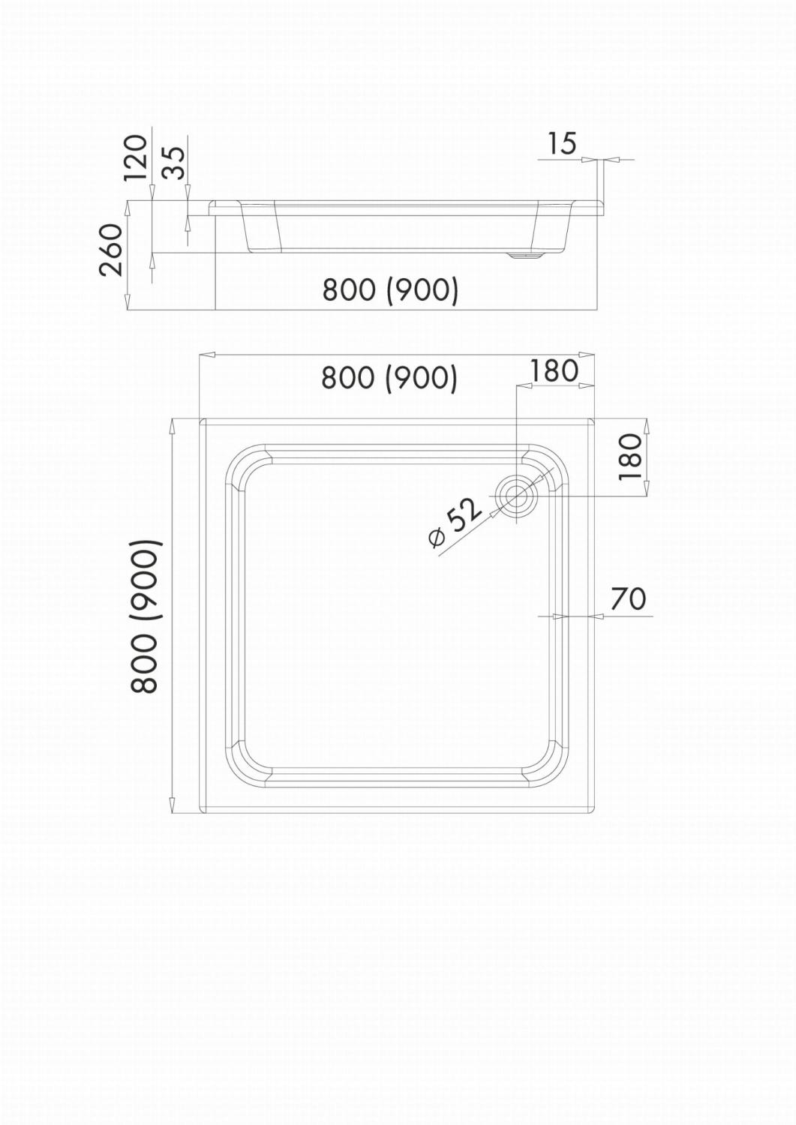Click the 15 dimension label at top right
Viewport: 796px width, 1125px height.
560,142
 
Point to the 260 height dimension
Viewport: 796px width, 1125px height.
111,250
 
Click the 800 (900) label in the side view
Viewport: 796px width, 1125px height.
390,289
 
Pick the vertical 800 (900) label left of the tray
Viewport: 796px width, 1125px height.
143,616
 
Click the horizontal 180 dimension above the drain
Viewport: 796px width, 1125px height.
554,370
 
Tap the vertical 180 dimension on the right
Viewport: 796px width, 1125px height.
631,457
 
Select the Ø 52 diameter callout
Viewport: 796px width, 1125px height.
455,524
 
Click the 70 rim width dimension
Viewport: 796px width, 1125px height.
628,598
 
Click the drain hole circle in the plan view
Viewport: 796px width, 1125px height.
517,496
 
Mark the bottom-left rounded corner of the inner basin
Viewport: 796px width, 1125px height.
243,765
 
